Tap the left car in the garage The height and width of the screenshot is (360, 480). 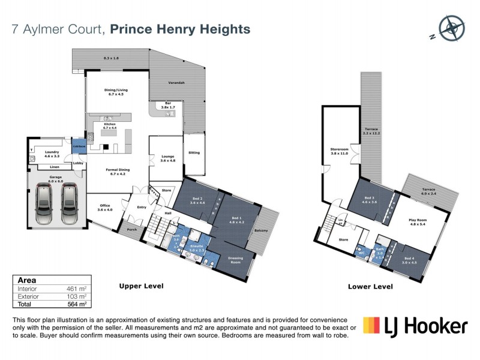coord(44,201)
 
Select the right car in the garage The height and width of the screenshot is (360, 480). coord(70,201)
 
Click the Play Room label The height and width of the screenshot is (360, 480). coord(416,220)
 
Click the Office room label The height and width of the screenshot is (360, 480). coord(104,207)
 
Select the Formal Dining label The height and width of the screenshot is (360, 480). coord(115,171)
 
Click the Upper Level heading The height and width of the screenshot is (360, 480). coord(141,286)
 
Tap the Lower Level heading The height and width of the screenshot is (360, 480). coord(370,286)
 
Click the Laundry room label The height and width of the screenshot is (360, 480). coord(52,152)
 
